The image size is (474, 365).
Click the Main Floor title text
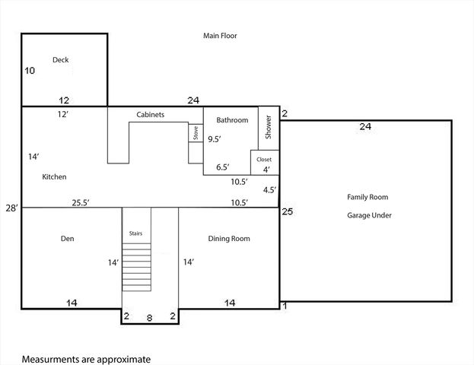220,36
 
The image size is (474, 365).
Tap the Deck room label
61,59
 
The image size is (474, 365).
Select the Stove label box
195,133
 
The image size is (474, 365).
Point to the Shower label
269,126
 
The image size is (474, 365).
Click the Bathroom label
232,120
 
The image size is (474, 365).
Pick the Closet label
264,159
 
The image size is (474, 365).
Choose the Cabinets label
151,115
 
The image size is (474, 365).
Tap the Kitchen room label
54,176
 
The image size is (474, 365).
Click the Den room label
67,239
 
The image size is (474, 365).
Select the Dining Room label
229,239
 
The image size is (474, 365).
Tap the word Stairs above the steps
136,233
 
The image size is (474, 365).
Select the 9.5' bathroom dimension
215,139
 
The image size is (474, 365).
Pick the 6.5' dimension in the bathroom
223,167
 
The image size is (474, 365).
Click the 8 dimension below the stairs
149,319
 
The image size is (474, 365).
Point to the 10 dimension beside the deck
30,71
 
